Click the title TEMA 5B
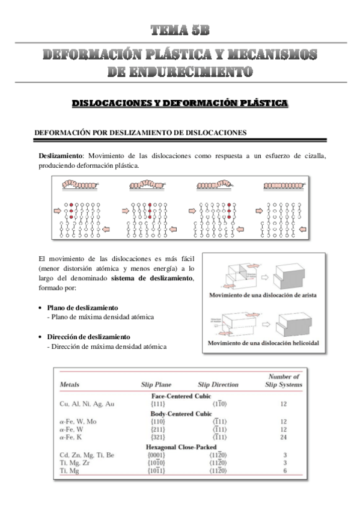[180, 31]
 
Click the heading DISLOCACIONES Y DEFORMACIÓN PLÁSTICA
[180, 103]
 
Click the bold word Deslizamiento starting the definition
[59, 156]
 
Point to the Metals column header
[72, 384]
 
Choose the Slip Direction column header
[218, 384]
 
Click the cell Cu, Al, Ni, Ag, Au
[87, 404]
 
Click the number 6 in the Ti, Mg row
[283, 473]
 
